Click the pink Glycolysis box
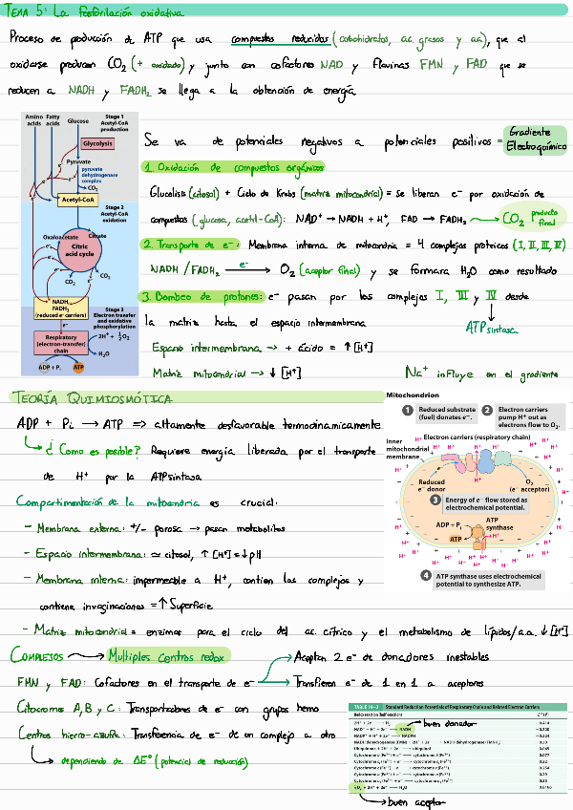click(x=97, y=143)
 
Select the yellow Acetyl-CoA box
click(x=75, y=201)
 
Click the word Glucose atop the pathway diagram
click(x=78, y=121)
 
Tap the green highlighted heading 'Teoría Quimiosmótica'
click(x=92, y=397)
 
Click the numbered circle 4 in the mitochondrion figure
click(x=425, y=576)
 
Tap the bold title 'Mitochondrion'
click(x=413, y=394)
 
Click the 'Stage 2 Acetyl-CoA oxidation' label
click(x=115, y=214)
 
